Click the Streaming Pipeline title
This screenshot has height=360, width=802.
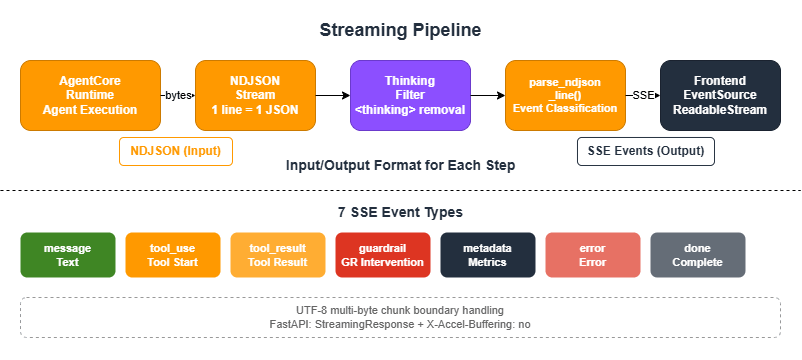click(x=400, y=29)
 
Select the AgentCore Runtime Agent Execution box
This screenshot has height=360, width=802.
click(x=91, y=95)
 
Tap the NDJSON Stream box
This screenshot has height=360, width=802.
click(x=255, y=95)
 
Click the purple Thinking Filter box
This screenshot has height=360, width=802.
click(x=410, y=95)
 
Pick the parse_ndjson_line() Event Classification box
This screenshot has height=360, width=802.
click(x=565, y=95)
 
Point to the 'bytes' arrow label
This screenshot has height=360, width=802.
click(x=178, y=95)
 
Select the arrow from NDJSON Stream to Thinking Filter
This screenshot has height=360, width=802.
click(x=332, y=95)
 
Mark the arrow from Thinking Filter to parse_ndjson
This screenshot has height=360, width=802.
click(x=487, y=95)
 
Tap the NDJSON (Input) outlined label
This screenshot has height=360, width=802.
click(x=175, y=151)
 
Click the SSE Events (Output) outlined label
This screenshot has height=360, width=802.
click(x=645, y=151)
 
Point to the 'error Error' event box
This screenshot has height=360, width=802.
click(x=593, y=254)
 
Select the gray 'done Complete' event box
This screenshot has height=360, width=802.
click(x=697, y=254)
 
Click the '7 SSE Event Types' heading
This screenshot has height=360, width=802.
click(x=400, y=212)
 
